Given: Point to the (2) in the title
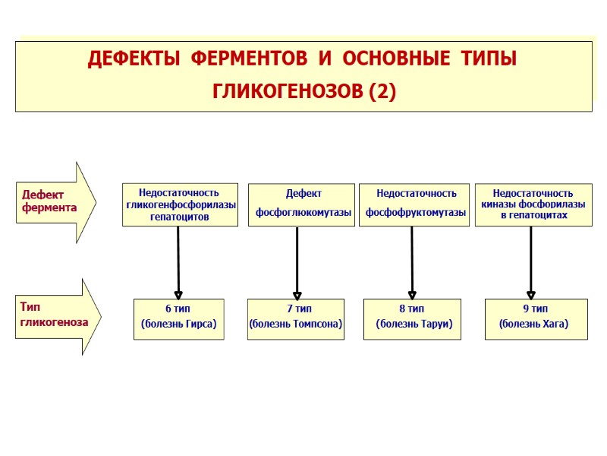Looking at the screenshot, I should point(382,92).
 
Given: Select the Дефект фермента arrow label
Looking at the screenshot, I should point(49,201).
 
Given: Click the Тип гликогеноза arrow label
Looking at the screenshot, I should point(54,314).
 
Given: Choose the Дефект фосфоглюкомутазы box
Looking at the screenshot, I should point(303,204).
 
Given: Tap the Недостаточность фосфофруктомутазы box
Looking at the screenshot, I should point(415,204).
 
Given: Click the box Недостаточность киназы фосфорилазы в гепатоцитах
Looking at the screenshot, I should point(533,204).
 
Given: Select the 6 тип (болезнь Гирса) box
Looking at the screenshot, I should point(179,318).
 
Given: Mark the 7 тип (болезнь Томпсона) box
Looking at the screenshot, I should point(297,318).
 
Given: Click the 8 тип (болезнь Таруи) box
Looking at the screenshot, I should point(412,318).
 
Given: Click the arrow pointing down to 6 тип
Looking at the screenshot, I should point(178,262).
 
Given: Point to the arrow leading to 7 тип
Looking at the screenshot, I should point(297,262).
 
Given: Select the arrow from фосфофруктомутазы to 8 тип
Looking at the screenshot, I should point(412,262).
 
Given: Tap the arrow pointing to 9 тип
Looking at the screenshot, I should point(531,262).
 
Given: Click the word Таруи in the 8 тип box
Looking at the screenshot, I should point(433,325).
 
